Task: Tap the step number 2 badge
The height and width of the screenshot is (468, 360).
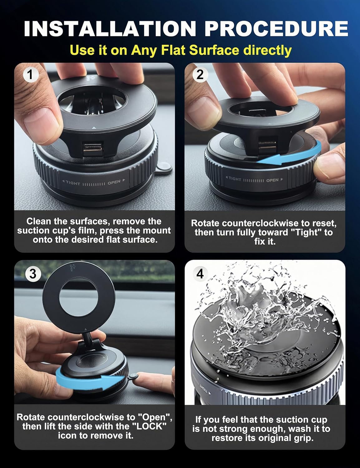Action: click(x=200, y=74)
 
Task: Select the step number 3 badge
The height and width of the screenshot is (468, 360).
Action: click(x=33, y=274)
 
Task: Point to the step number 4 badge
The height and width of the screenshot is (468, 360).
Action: click(x=200, y=274)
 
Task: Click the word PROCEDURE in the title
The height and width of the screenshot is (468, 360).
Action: click(x=276, y=29)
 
